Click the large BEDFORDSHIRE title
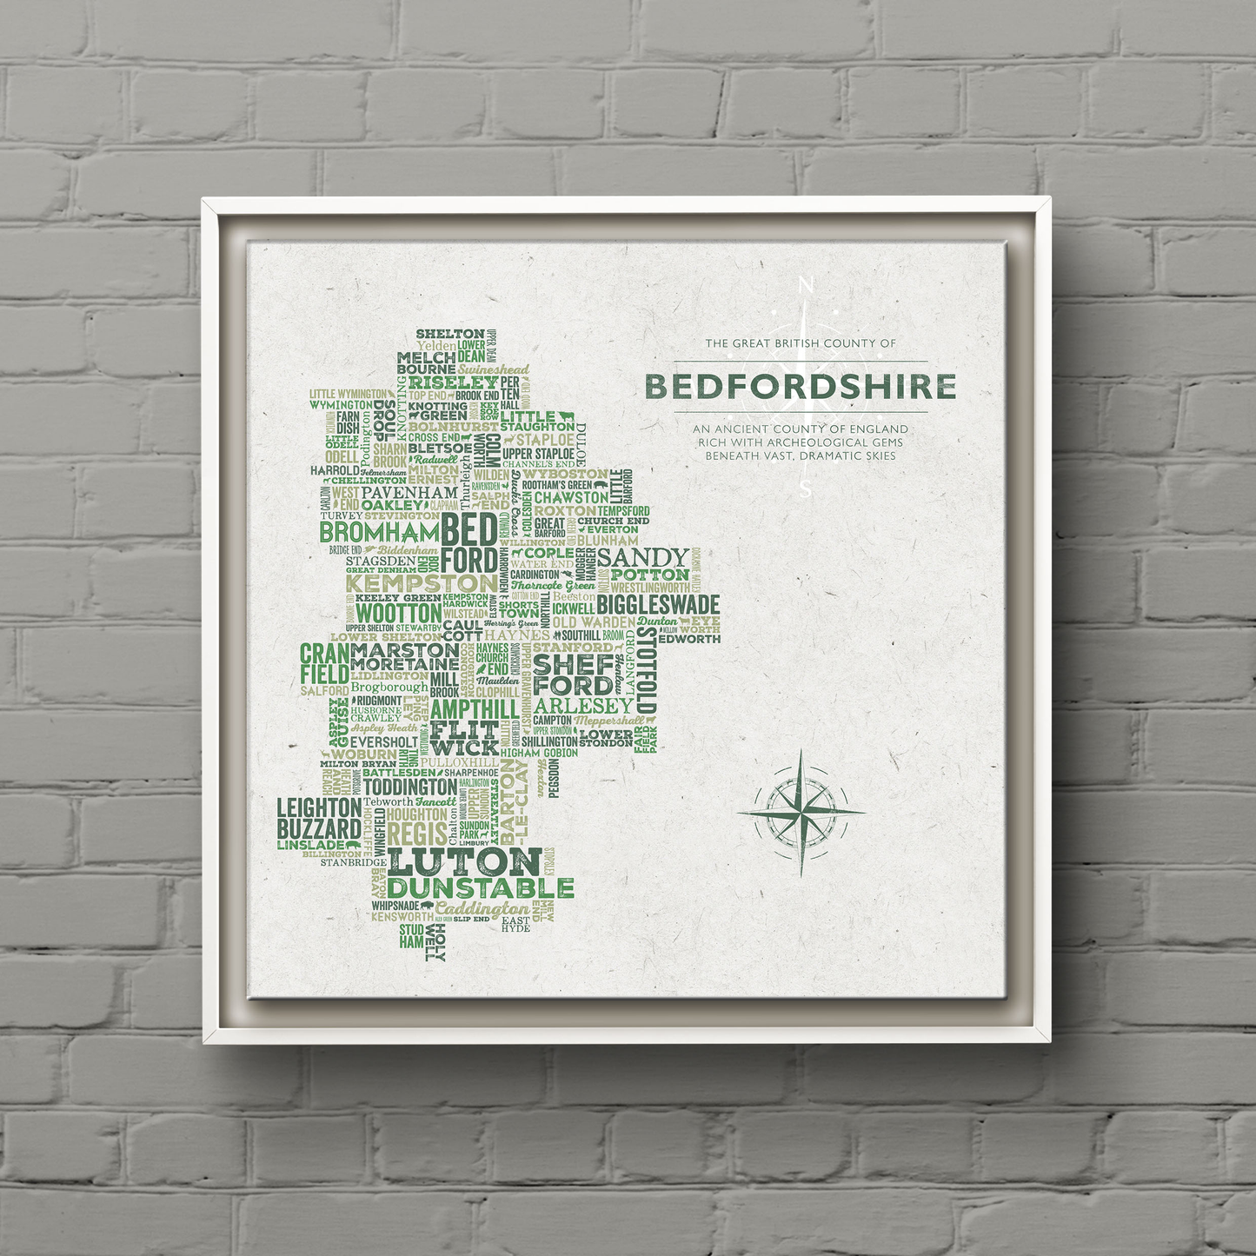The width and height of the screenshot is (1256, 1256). [x=801, y=387]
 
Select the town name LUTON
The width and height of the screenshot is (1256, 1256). [x=465, y=862]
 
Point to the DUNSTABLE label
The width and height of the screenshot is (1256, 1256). [x=481, y=888]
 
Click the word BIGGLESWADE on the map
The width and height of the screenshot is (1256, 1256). [x=658, y=605]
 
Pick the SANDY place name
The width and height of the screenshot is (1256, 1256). [x=642, y=557]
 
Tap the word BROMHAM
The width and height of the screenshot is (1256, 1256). [x=380, y=531]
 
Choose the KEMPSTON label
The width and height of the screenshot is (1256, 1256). [x=422, y=582]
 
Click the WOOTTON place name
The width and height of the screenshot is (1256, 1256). [x=398, y=613]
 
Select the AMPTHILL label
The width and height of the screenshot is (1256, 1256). [x=475, y=708]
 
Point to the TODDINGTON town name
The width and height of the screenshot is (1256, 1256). [x=409, y=787]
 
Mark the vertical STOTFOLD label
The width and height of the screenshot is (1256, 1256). [x=647, y=669]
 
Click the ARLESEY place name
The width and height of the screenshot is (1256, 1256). [x=584, y=706]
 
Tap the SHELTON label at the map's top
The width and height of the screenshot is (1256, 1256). [x=449, y=334]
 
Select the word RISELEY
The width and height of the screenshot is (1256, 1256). [x=453, y=382]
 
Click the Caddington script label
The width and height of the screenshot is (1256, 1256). [x=482, y=908]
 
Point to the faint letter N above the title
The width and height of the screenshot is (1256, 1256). [x=806, y=285]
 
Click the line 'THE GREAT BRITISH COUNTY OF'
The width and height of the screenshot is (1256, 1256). [x=801, y=343]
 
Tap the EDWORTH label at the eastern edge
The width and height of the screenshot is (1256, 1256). [x=689, y=639]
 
